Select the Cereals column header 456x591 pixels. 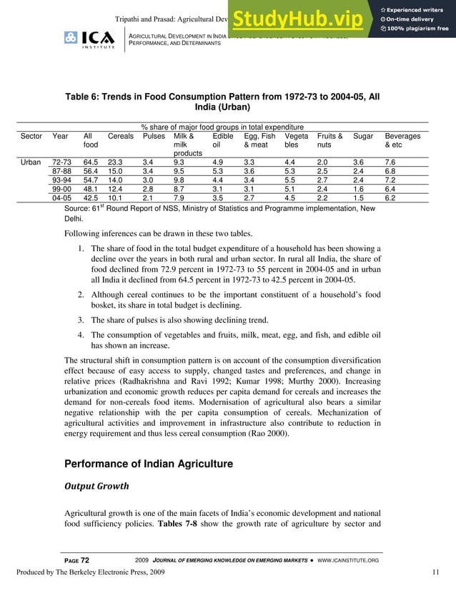(120, 136)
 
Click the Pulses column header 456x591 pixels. (154, 136)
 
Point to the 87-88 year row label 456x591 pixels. (61, 172)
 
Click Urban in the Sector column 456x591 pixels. (30, 162)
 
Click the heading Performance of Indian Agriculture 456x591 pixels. (149, 464)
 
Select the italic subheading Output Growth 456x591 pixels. (96, 487)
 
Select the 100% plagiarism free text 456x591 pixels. (415, 28)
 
